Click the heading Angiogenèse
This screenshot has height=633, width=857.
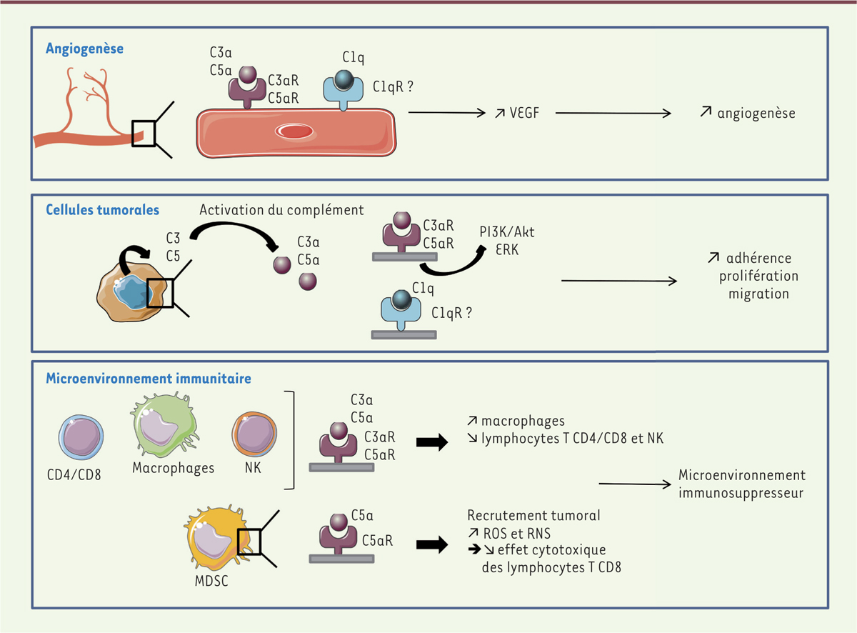pos(84,49)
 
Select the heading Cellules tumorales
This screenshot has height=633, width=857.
pos(102,210)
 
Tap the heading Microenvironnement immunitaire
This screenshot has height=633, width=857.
pos(149,378)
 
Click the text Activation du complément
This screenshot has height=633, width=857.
pos(281,210)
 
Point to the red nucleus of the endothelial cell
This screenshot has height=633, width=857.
pos(294,131)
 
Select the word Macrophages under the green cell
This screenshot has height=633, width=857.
pos(174,469)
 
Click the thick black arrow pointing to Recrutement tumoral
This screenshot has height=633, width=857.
pos(431,544)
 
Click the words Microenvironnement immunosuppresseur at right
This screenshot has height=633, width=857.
pos(741,484)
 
